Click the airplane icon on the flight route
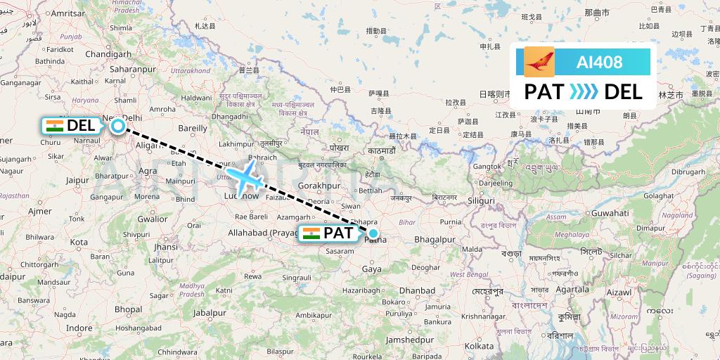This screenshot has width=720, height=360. click(x=244, y=176)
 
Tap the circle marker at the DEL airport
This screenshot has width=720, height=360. click(x=117, y=126)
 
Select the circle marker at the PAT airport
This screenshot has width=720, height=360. click(x=373, y=233)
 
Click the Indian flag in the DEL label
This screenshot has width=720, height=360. click(x=54, y=126)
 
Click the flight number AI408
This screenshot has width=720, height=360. click(x=599, y=62)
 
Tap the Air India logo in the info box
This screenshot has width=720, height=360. click(x=539, y=62)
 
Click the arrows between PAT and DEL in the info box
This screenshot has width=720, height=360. click(x=583, y=92)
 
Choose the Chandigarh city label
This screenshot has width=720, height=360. click(x=109, y=54)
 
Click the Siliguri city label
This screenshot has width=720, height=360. click(x=482, y=200)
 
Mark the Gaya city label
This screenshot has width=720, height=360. click(x=373, y=269)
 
